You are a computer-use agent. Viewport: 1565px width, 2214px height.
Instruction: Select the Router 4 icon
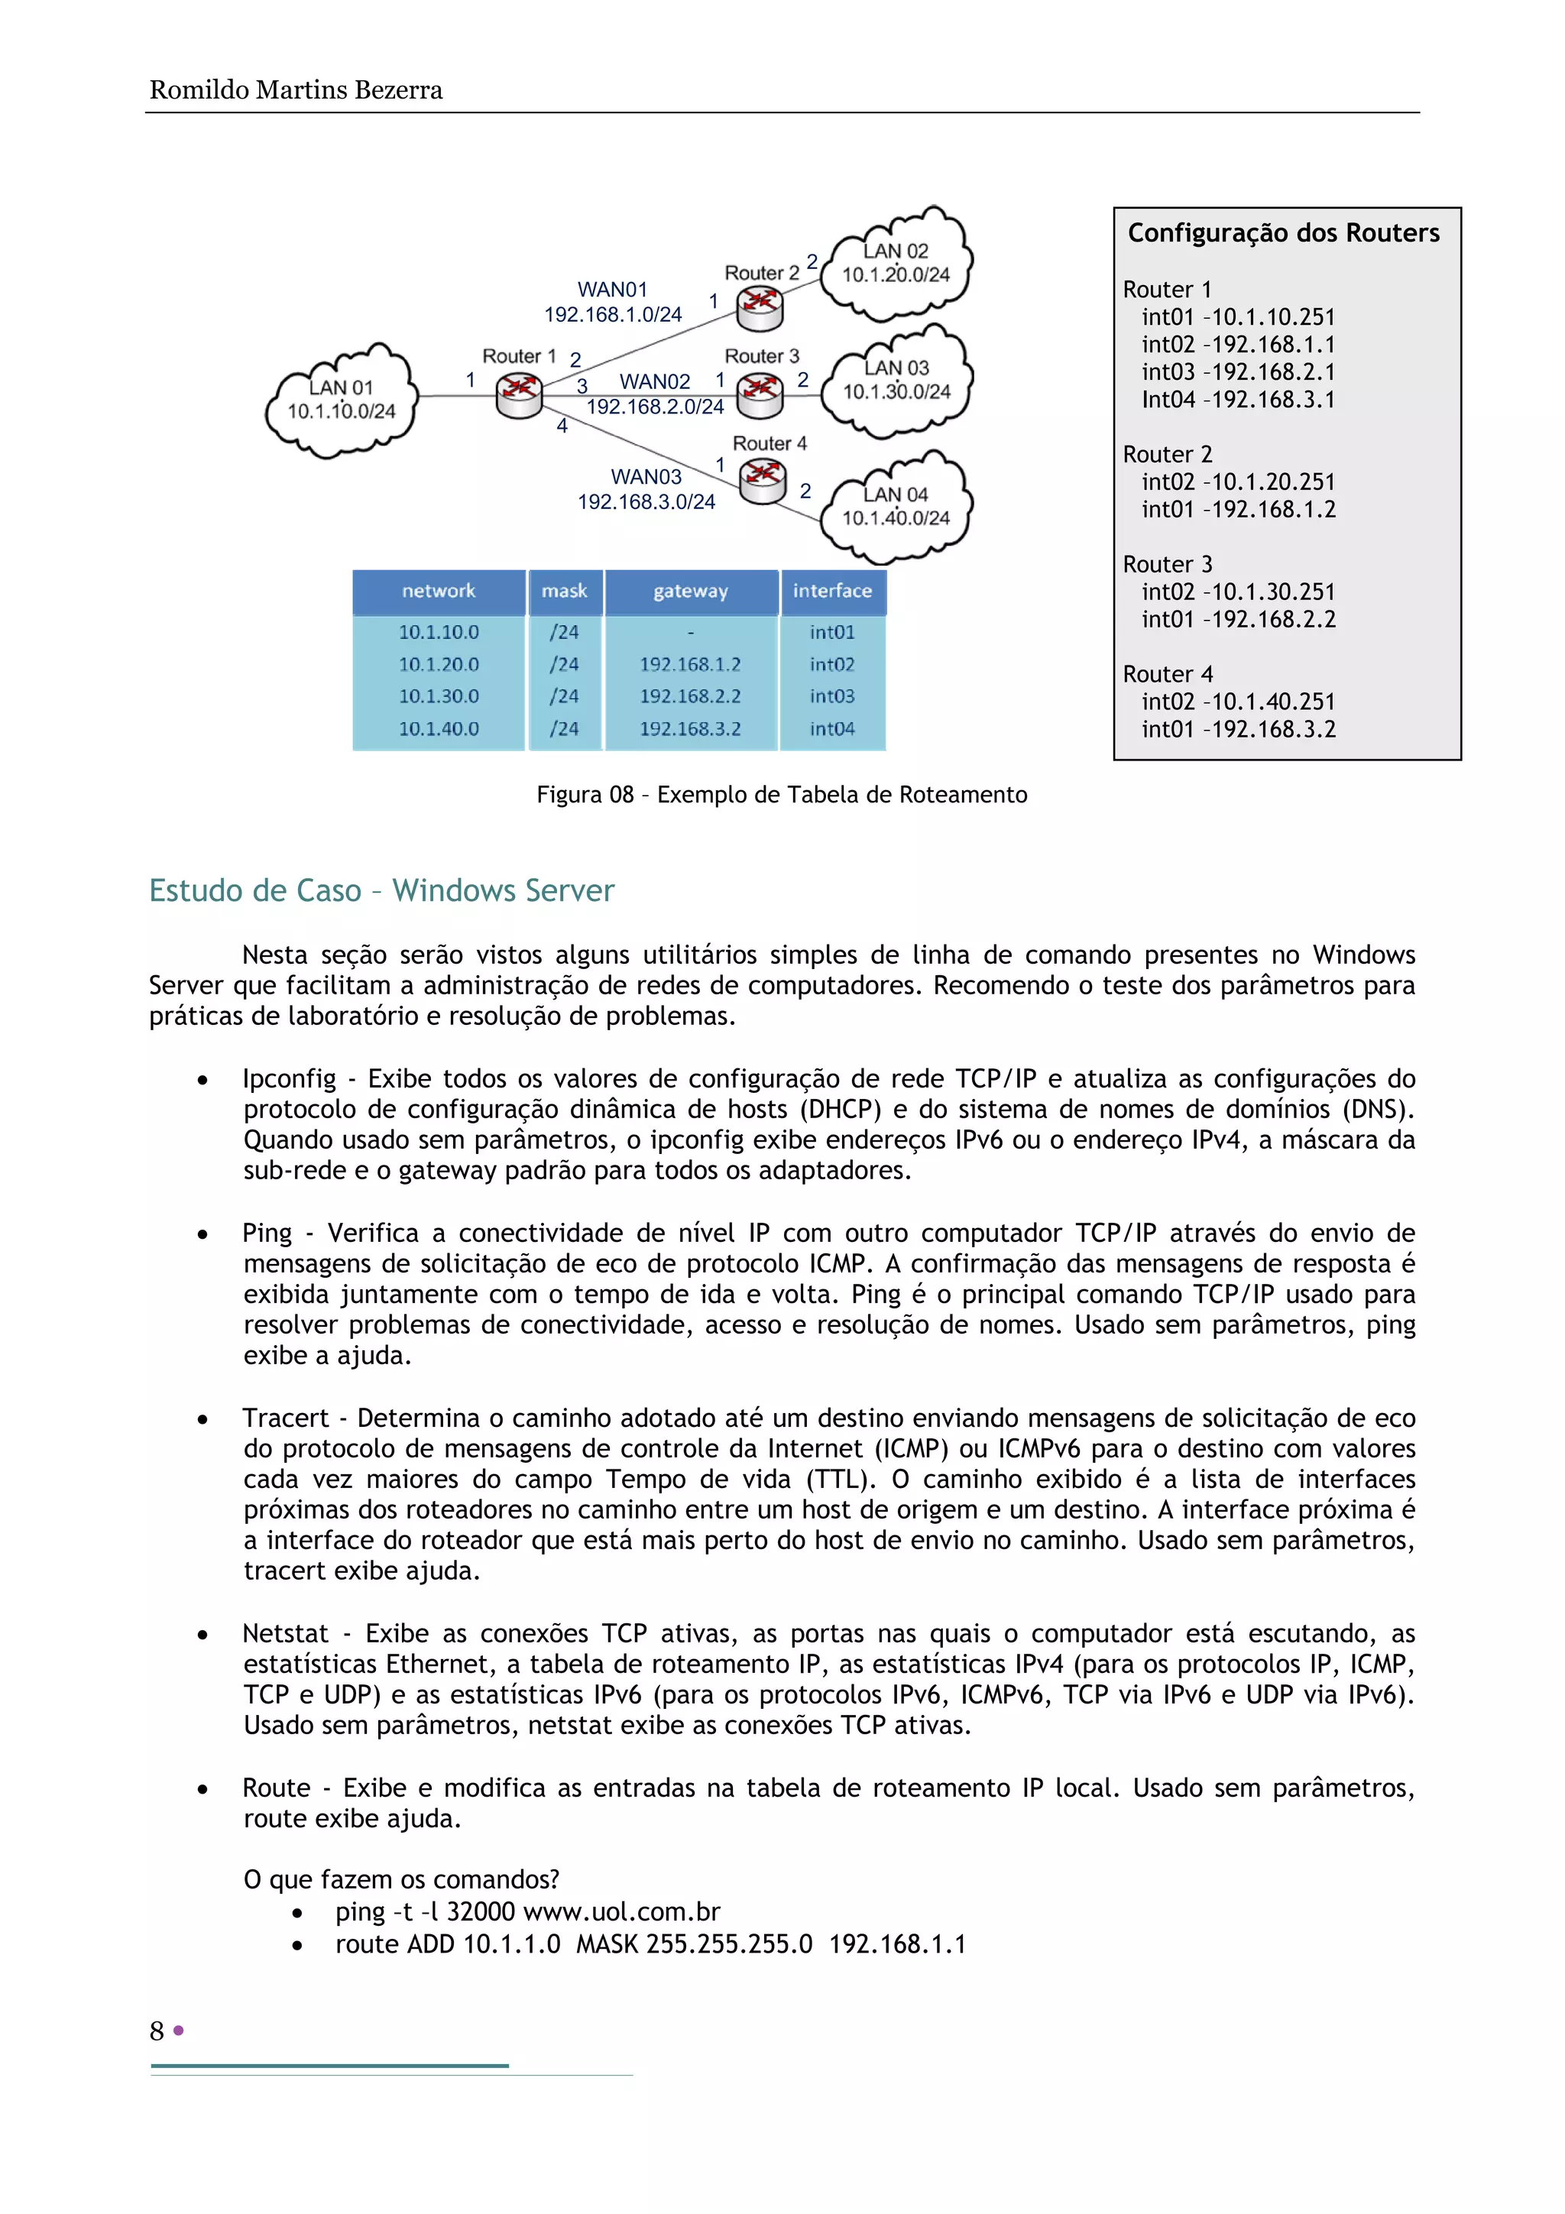[763, 479]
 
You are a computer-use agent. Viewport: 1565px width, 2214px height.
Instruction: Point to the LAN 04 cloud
[896, 507]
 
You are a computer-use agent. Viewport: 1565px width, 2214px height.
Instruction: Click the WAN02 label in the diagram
[655, 382]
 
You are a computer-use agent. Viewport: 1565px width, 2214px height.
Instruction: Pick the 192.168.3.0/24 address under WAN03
[646, 501]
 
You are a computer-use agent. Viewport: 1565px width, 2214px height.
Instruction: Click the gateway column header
[690, 591]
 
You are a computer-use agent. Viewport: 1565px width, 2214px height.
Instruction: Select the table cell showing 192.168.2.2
[690, 696]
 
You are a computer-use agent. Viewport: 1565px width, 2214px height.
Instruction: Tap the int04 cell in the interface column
[832, 729]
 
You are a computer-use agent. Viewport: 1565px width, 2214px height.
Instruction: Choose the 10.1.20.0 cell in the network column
[439, 664]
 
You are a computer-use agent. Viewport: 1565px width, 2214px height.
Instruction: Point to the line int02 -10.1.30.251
[1238, 592]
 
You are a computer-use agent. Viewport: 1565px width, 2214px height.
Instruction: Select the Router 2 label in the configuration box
[1167, 454]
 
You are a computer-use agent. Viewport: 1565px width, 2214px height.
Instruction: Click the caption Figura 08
[781, 795]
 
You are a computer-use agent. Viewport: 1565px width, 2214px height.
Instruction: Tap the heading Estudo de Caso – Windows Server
[382, 890]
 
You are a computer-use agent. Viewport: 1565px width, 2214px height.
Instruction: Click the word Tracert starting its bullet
[286, 1418]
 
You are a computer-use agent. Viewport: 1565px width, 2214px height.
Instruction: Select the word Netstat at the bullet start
[286, 1633]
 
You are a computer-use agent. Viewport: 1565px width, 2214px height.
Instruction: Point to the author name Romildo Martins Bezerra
[296, 91]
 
